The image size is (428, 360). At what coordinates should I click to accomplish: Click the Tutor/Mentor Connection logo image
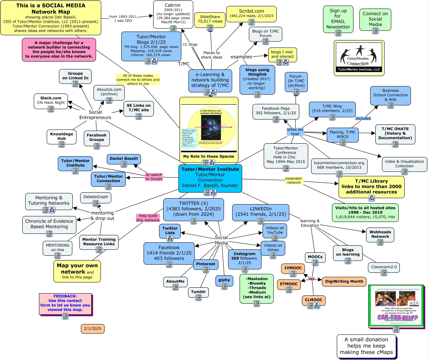pos(359,58)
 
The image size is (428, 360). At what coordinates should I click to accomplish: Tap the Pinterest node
pos(205,264)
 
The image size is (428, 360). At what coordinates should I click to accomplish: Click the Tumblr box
pos(198,292)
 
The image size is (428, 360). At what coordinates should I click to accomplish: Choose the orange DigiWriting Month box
pos(344,281)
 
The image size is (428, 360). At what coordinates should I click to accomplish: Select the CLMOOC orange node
pos(313,300)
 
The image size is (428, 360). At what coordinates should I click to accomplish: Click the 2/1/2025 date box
pos(93,328)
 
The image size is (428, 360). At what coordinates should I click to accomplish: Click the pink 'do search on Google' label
pos(154,177)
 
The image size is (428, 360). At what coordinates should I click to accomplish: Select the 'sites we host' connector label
pos(295,131)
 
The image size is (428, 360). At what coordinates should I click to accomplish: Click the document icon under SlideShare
pos(210,28)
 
